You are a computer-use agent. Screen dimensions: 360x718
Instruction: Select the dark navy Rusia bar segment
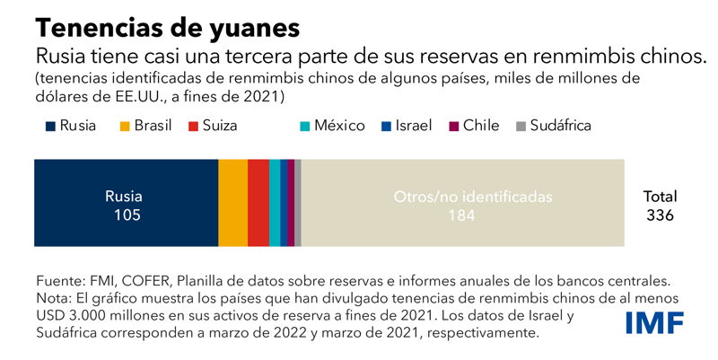pos(126,180)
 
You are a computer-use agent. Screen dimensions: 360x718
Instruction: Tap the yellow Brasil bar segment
pos(232,203)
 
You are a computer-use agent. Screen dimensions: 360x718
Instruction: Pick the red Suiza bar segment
pos(258,203)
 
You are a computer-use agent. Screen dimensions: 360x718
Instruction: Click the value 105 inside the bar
pos(124,215)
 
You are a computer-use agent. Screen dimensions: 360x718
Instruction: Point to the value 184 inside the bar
pos(461,215)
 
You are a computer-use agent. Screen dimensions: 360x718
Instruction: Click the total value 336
pos(660,215)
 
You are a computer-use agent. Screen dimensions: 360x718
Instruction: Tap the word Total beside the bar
pos(660,197)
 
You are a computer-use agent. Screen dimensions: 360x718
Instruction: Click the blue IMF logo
pos(654,321)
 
